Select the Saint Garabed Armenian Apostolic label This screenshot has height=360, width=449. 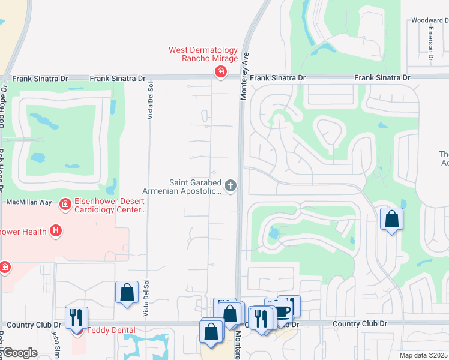[194, 187]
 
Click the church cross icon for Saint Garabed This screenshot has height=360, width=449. [231, 187]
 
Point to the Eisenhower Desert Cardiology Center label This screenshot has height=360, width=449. [110, 206]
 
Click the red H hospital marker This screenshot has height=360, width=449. [56, 230]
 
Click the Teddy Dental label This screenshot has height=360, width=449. [111, 330]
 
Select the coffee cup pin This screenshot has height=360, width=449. [280, 311]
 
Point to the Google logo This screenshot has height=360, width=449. [20, 353]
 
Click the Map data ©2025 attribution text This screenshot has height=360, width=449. [424, 355]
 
